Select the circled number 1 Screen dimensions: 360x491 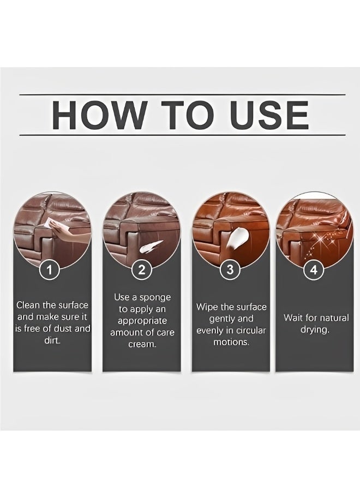50,270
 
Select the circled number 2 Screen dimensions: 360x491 142,270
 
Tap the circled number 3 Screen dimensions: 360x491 230,270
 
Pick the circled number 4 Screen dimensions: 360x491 314,270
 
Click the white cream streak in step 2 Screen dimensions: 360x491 152,246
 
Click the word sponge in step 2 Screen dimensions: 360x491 155,297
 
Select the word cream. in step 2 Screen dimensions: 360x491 142,344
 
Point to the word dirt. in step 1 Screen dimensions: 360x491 52,340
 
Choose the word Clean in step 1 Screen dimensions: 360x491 27,305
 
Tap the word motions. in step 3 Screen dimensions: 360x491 231,342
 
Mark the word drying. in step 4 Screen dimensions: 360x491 315,330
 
